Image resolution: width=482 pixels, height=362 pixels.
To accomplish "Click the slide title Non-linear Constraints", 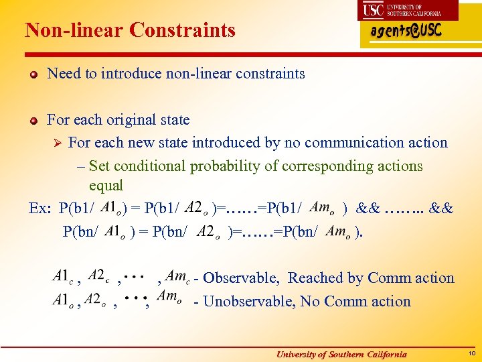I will click(x=130, y=30).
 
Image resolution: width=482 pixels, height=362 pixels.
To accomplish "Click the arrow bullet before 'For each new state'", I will click(x=56, y=143).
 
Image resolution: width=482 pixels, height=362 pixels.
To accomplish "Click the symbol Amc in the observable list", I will click(x=177, y=276).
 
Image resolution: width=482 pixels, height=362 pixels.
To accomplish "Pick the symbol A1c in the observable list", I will click(x=64, y=276).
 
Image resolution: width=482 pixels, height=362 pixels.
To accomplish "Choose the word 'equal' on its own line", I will click(x=106, y=185).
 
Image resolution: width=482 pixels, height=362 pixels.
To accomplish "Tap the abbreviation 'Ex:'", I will click(x=40, y=208).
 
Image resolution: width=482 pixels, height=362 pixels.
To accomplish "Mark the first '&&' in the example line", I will click(x=369, y=208).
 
